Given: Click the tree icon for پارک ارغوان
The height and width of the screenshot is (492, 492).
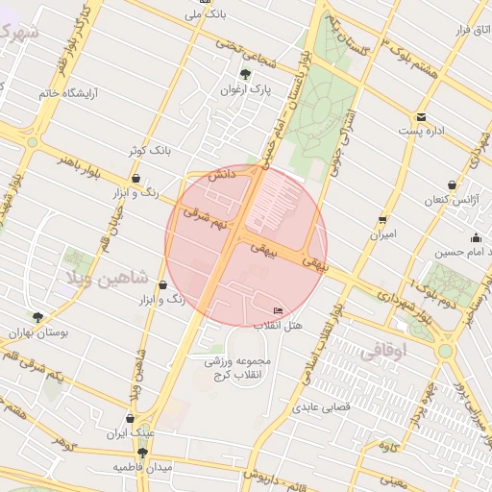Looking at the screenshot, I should pyautogui.click(x=245, y=74).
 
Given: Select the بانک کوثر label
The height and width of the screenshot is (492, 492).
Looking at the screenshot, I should pyautogui.click(x=149, y=151).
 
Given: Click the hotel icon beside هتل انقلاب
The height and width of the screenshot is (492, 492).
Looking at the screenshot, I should pyautogui.click(x=279, y=310).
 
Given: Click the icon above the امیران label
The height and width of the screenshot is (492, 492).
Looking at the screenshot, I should pyautogui.click(x=382, y=219).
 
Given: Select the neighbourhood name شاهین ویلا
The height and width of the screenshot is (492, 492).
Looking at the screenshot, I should pyautogui.click(x=107, y=278).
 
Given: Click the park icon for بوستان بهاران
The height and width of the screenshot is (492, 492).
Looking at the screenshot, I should pyautogui.click(x=37, y=316).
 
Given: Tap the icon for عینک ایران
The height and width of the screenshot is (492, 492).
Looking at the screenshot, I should pyautogui.click(x=131, y=418).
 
